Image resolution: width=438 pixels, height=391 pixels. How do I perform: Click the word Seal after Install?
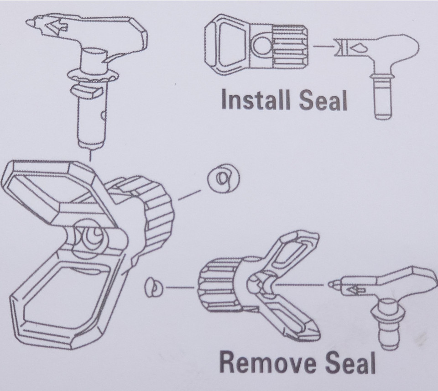click(x=323, y=100)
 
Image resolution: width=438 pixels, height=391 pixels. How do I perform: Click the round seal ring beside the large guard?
click(x=224, y=178)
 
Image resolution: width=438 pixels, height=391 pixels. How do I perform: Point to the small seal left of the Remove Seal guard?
click(x=154, y=287)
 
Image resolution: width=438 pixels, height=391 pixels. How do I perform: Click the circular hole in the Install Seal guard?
click(x=262, y=46)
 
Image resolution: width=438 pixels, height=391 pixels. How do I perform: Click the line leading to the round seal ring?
click(x=189, y=195)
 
